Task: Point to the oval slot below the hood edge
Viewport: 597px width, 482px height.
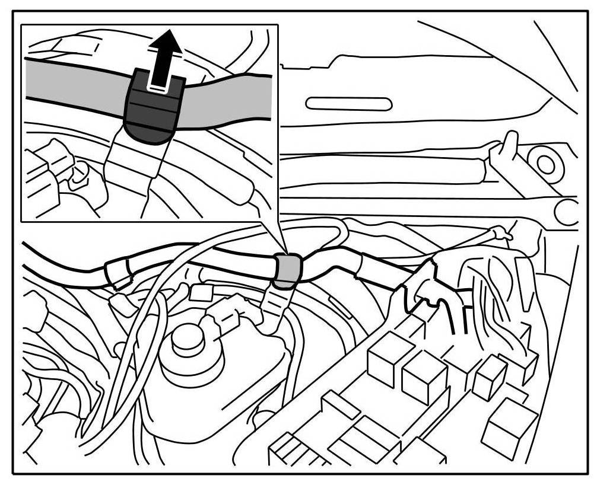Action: pyautogui.click(x=348, y=104)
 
